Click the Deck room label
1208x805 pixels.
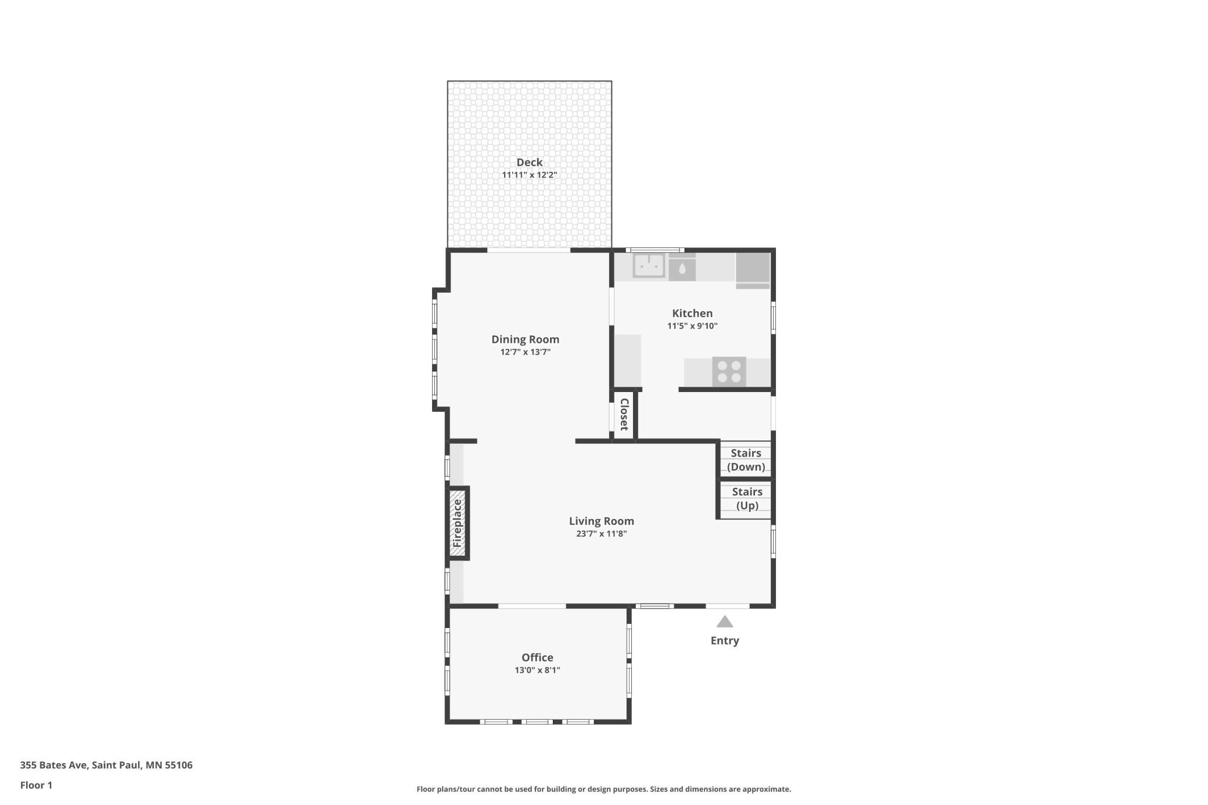click(x=529, y=163)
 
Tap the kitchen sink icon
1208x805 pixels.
click(x=649, y=265)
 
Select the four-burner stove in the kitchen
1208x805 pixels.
click(x=729, y=372)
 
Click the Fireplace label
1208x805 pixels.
click(x=457, y=523)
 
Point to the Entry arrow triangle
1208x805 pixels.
click(x=724, y=622)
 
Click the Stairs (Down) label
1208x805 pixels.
click(x=746, y=460)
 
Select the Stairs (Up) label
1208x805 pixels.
click(x=747, y=498)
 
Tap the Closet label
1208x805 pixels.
click(x=624, y=414)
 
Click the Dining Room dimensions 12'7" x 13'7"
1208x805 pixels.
click(x=525, y=352)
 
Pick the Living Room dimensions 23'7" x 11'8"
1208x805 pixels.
click(x=601, y=534)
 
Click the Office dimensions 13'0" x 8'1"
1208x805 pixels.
click(x=537, y=670)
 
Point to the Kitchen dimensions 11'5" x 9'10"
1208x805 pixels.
click(x=692, y=326)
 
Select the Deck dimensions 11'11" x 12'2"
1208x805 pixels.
click(x=529, y=175)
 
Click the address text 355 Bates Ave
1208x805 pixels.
click(x=53, y=765)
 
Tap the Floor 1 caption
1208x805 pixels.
click(x=36, y=785)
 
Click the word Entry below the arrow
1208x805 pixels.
click(x=725, y=641)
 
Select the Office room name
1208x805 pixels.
click(x=537, y=657)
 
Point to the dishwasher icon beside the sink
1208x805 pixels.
click(x=682, y=268)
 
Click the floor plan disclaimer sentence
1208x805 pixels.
click(x=603, y=789)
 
